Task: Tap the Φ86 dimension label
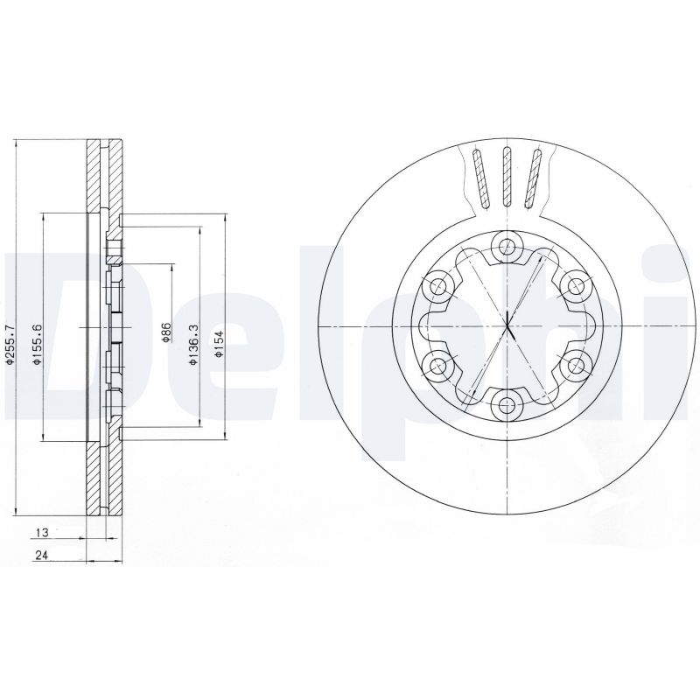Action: coord(165,332)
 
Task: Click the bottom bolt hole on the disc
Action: coord(506,403)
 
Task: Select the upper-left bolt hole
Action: coord(437,285)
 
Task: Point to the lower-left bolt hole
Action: coord(437,364)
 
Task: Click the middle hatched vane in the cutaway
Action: coord(506,178)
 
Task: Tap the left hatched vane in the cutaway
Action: coord(478,178)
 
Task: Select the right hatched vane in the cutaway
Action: coord(534,178)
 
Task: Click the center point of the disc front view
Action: coord(506,325)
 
